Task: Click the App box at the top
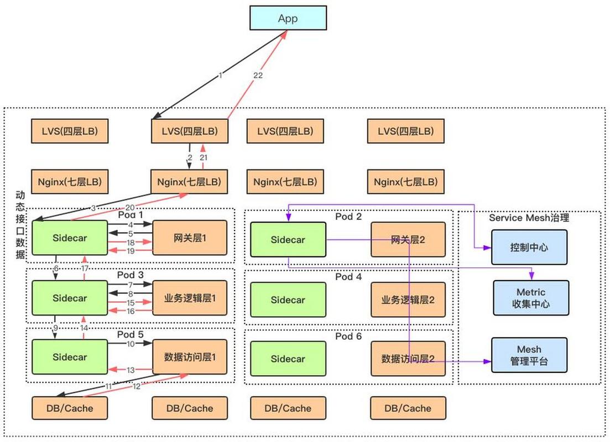pyautogui.click(x=288, y=18)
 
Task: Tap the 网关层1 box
pyautogui.click(x=189, y=238)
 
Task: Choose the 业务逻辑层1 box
pyautogui.click(x=189, y=298)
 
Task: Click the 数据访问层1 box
pyautogui.click(x=189, y=357)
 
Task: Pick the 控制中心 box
pyautogui.click(x=529, y=248)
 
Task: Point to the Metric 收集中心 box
pyautogui.click(x=530, y=298)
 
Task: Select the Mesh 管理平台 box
pyautogui.click(x=529, y=355)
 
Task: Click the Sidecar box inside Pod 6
pyautogui.click(x=288, y=359)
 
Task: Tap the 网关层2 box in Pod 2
pyautogui.click(x=408, y=239)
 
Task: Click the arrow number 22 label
pyautogui.click(x=258, y=76)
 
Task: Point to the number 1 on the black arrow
pyautogui.click(x=220, y=75)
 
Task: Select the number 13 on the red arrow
pyautogui.click(x=131, y=370)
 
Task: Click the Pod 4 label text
pyautogui.click(x=348, y=276)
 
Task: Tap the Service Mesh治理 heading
pyautogui.click(x=529, y=218)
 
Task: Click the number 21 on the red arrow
pyautogui.click(x=203, y=158)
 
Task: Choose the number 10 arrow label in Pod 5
pyautogui.click(x=131, y=344)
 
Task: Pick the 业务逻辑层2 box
pyautogui.click(x=408, y=300)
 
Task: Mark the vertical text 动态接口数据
pyautogui.click(x=20, y=224)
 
